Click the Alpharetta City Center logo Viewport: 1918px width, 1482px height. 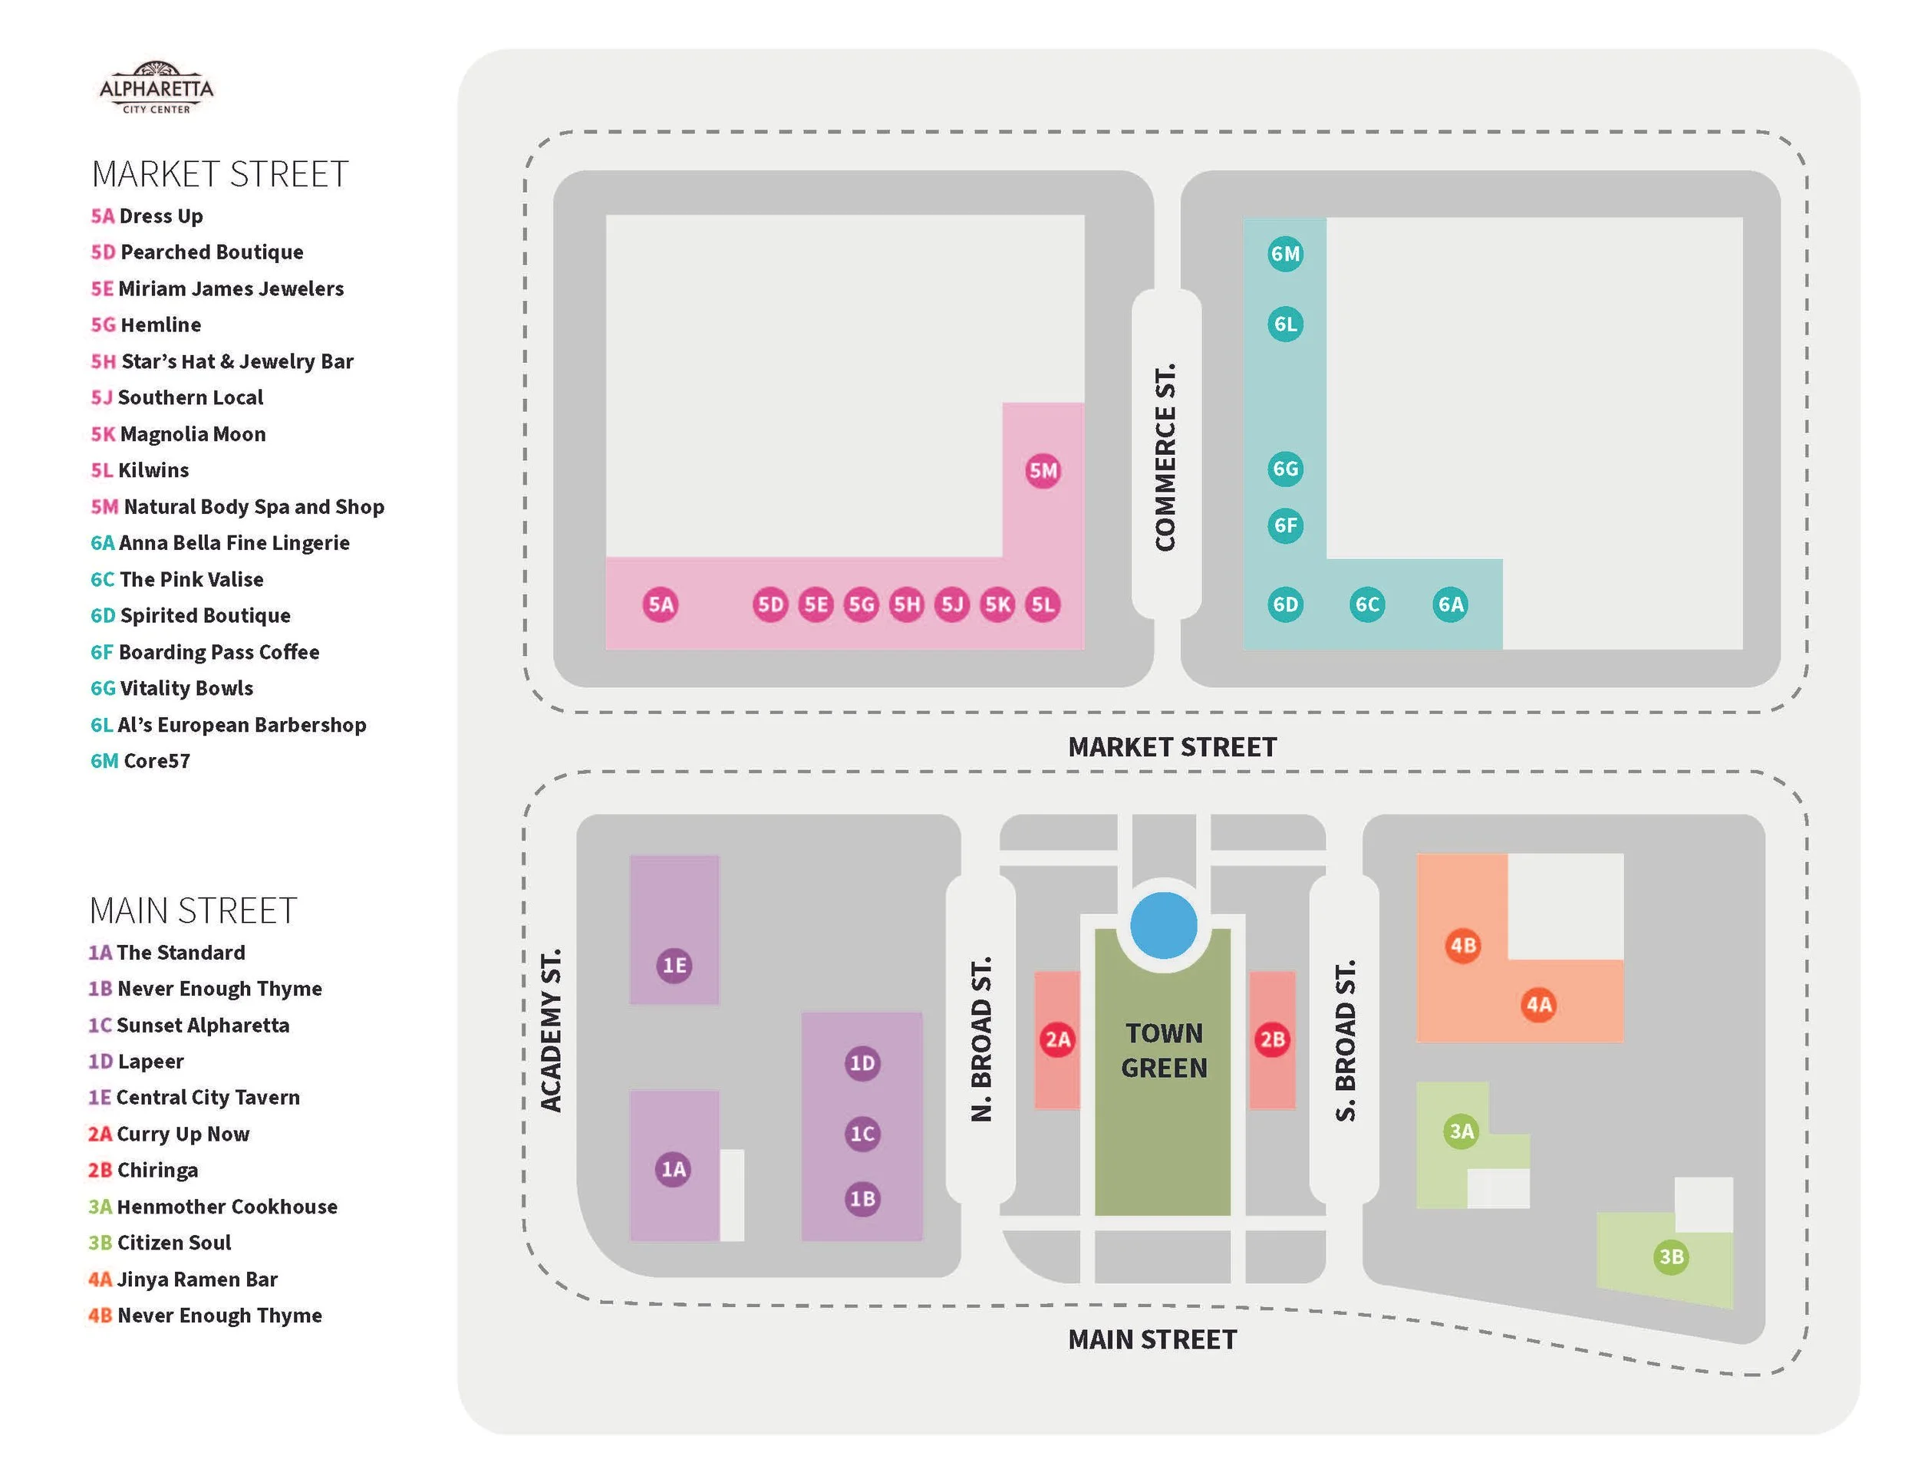[x=157, y=87]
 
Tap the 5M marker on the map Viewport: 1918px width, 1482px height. [x=1043, y=470]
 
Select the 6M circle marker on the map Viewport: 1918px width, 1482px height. [x=1285, y=254]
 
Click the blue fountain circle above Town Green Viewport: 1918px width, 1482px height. [x=1164, y=925]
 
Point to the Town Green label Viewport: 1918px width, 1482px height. [x=1164, y=1050]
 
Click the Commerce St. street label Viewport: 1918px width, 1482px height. [x=1165, y=456]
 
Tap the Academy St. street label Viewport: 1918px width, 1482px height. [x=551, y=1030]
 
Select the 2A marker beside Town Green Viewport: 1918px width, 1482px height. [x=1057, y=1039]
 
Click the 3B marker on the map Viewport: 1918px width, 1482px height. [x=1670, y=1256]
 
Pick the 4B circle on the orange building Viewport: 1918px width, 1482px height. [x=1463, y=946]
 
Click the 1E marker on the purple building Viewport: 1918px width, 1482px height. [x=674, y=966]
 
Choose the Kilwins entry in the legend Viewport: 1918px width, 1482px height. [x=140, y=470]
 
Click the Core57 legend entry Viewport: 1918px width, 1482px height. [x=140, y=761]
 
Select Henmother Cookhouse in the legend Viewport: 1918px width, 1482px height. [x=213, y=1207]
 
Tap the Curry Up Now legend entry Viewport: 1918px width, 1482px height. [x=169, y=1134]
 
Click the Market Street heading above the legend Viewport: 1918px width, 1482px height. [x=219, y=174]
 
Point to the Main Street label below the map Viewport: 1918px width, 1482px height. [x=1152, y=1339]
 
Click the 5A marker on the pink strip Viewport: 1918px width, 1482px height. [x=661, y=604]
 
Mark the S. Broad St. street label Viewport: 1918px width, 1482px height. [x=1345, y=1039]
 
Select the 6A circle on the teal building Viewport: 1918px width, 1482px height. [x=1450, y=604]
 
